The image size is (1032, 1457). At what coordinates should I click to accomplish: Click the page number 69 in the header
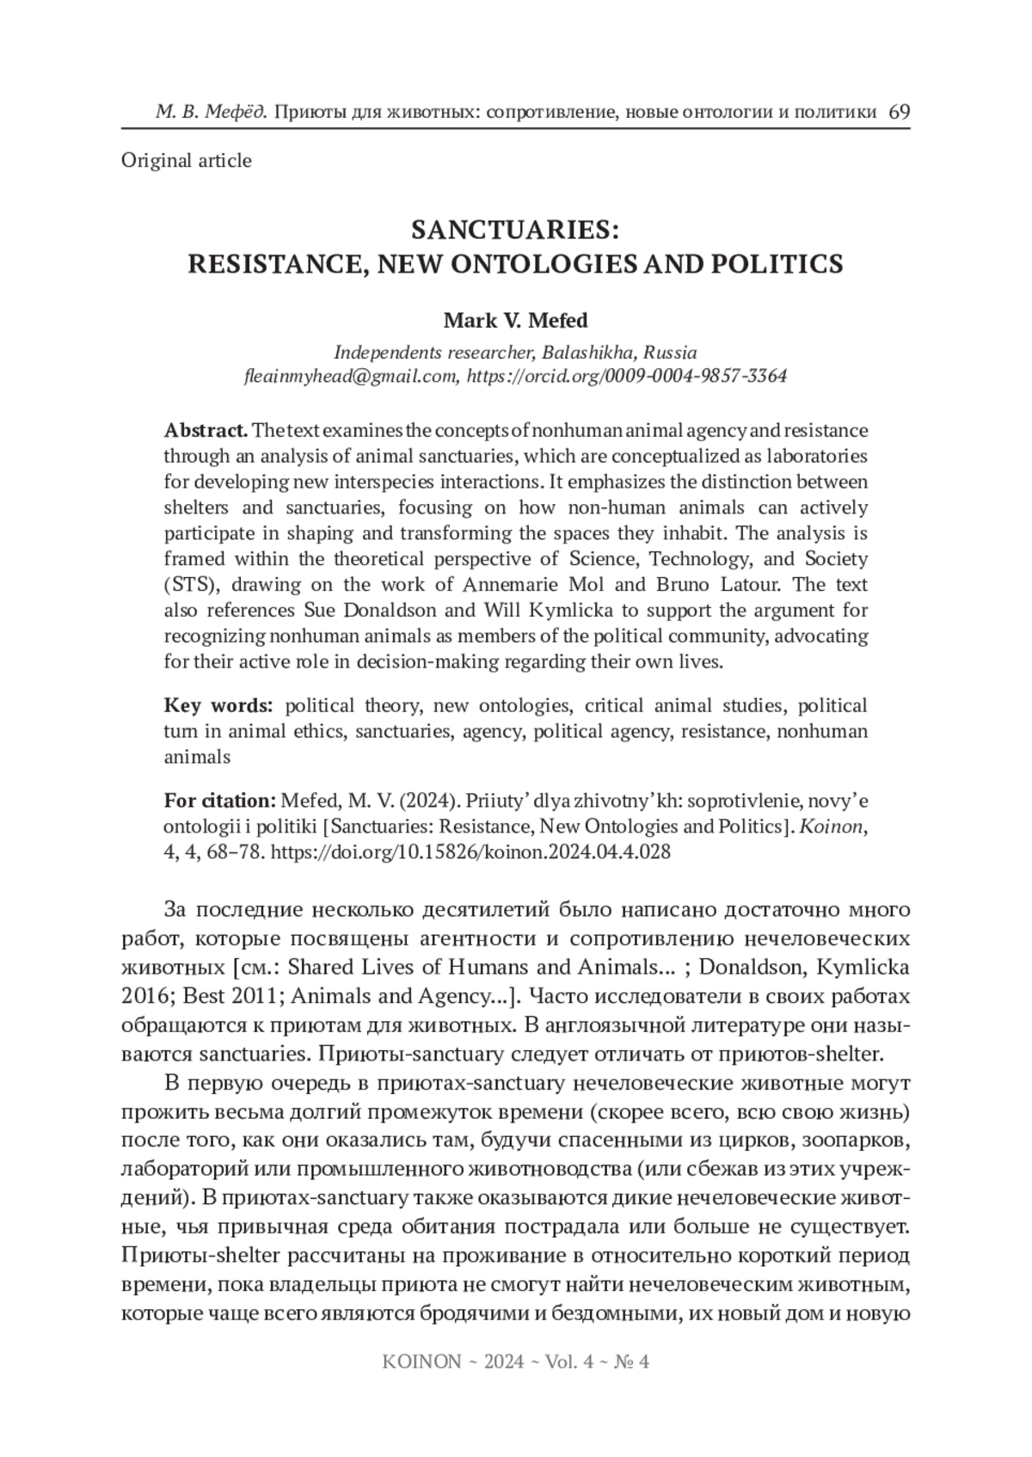899,113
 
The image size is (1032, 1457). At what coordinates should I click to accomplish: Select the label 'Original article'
187,161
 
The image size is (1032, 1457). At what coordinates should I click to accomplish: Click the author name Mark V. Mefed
515,321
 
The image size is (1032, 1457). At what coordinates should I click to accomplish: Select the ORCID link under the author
626,377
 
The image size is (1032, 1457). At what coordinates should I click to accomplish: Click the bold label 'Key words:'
218,706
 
